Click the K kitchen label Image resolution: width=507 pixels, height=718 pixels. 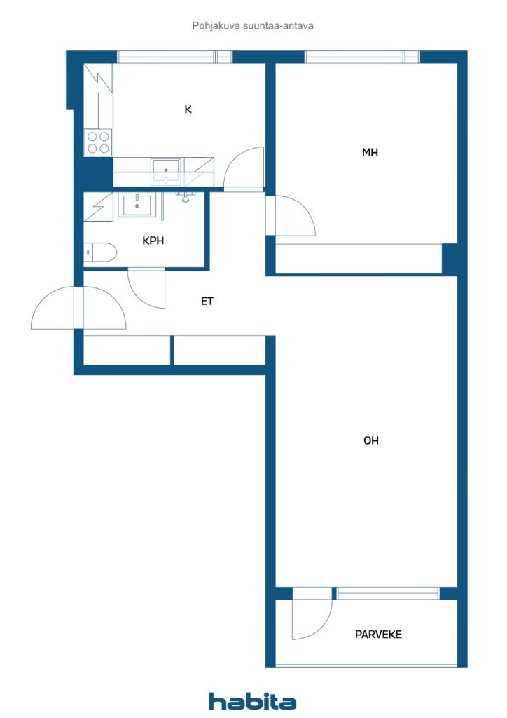click(188, 109)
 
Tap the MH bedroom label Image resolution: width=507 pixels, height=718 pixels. click(370, 152)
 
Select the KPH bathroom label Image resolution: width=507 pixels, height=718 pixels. click(153, 241)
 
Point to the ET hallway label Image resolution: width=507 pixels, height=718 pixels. click(207, 302)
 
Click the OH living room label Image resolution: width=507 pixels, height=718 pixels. click(370, 440)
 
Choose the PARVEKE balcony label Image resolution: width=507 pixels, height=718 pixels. click(378, 635)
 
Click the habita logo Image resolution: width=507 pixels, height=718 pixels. click(252, 701)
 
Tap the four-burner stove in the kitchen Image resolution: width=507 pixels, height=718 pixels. click(98, 142)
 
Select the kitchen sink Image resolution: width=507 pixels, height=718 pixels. click(166, 170)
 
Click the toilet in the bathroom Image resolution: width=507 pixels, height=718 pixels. click(101, 252)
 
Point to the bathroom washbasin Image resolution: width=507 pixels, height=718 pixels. click(137, 205)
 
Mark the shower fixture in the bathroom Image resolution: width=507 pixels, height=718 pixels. click(185, 197)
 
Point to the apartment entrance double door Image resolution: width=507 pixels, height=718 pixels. click(78, 308)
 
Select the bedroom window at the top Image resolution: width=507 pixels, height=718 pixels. click(362, 57)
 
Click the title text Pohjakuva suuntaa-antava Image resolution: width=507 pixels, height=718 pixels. click(253, 26)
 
